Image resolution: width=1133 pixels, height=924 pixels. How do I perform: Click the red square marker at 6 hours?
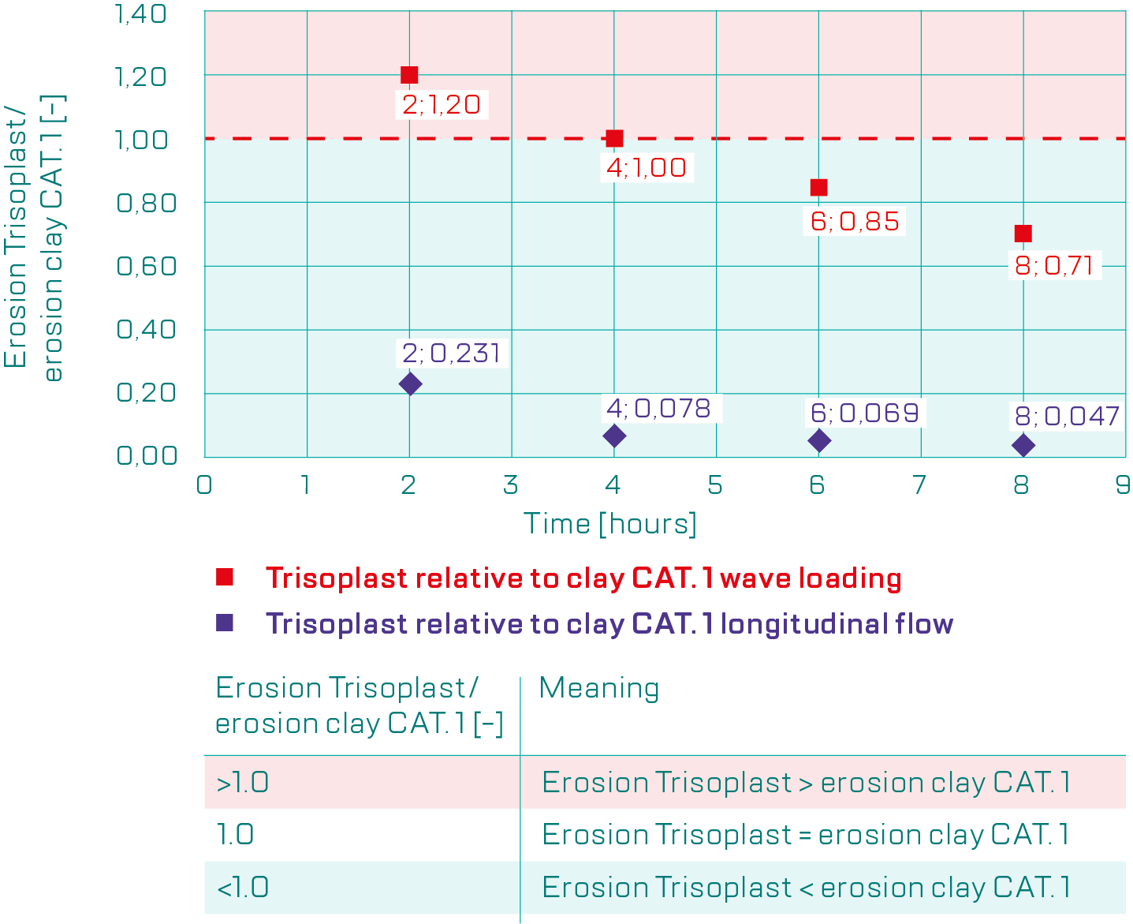click(818, 188)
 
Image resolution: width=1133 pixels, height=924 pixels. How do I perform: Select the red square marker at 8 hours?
click(1023, 234)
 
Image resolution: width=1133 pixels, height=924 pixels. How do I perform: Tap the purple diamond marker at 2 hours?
click(410, 384)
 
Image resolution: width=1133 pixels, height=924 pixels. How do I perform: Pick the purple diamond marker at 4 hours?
click(614, 436)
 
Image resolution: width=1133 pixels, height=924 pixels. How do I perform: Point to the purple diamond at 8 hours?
click(1023, 445)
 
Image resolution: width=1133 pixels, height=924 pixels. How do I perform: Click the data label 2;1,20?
click(442, 104)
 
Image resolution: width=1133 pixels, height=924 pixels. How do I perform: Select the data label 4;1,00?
click(647, 167)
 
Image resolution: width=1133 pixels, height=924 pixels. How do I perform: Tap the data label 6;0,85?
click(855, 221)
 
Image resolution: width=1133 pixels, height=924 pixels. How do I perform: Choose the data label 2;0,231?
click(452, 353)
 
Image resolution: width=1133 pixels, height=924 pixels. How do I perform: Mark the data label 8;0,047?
click(1067, 416)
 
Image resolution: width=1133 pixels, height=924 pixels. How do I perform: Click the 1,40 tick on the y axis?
click(142, 13)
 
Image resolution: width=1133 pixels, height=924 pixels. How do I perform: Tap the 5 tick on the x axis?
click(715, 484)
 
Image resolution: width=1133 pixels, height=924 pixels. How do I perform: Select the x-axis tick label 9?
click(1123, 484)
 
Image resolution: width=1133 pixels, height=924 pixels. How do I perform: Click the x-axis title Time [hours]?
click(610, 524)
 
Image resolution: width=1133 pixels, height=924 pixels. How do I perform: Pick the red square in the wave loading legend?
click(225, 578)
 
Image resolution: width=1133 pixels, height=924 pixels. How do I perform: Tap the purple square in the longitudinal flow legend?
click(225, 623)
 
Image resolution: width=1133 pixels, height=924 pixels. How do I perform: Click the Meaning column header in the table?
click(599, 688)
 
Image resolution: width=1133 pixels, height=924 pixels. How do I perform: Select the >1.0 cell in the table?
click(243, 782)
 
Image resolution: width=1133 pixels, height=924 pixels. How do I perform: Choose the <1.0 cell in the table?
click(243, 888)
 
